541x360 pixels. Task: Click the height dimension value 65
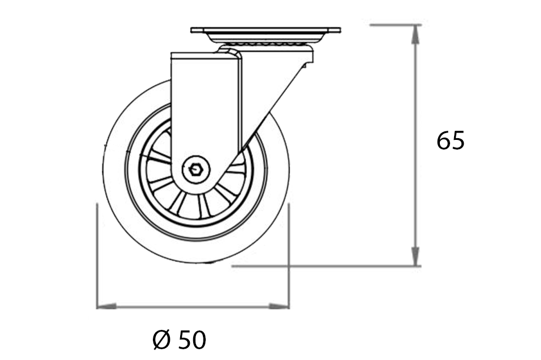click(451, 140)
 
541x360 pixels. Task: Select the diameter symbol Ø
click(162, 340)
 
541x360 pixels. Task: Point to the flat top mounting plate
click(265, 30)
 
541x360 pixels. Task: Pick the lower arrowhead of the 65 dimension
click(416, 257)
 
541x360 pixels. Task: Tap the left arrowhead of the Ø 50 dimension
click(106, 307)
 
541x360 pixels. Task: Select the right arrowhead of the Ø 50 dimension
click(280, 307)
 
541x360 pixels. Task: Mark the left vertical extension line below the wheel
click(97, 256)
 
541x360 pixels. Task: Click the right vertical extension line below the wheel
click(289, 256)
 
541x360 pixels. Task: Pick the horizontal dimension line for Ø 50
click(193, 307)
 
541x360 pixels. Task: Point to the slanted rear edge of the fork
click(273, 102)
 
